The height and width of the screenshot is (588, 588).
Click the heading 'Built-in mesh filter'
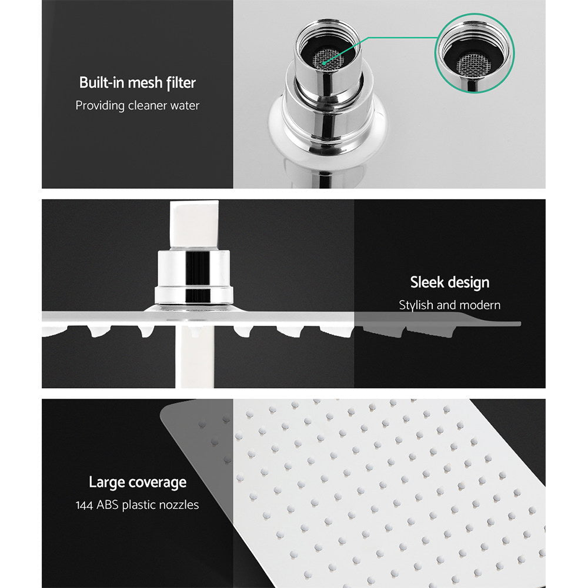click(x=137, y=82)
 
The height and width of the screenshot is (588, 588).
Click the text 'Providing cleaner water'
click(x=137, y=106)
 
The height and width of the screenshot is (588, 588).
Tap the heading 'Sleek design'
click(x=449, y=282)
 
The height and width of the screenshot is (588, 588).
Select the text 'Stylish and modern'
click(x=449, y=305)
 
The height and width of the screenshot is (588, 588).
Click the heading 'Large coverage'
click(x=137, y=483)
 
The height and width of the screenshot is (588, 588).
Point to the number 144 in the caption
click(x=85, y=505)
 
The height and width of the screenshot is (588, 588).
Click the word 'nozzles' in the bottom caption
click(x=178, y=505)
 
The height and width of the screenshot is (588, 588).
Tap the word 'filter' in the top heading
click(x=180, y=82)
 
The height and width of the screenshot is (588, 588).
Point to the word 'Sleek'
click(x=427, y=282)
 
